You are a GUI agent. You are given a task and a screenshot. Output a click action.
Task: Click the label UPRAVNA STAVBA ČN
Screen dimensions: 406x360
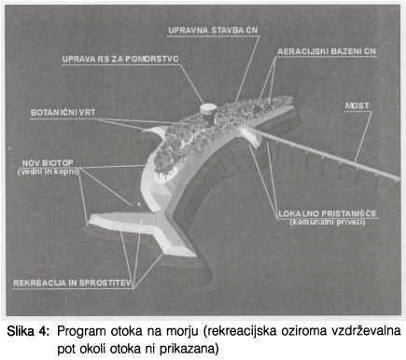[213, 30]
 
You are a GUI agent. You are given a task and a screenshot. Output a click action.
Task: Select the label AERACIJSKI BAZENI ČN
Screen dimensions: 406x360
[327, 51]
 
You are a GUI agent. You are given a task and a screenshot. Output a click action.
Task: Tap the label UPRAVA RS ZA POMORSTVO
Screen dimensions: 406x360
[120, 59]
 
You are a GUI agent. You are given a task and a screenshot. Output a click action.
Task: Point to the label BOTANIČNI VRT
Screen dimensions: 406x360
[63, 112]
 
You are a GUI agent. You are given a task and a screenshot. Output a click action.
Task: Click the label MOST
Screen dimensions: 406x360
[357, 105]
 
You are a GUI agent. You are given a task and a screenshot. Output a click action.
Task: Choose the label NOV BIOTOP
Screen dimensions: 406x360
[48, 163]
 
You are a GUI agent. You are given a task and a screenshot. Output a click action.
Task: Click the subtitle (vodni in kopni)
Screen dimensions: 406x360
[49, 172]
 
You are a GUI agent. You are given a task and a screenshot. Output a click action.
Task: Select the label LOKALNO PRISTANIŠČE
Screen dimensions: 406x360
[328, 214]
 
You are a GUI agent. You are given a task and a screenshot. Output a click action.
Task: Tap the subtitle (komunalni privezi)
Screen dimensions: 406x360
[328, 222]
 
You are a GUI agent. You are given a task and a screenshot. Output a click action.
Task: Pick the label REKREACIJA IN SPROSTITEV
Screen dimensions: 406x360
[72, 284]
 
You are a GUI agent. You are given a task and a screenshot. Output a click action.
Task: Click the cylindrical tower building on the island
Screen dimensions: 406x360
[208, 114]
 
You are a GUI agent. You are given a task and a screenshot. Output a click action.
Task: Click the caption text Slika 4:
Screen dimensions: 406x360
[28, 331]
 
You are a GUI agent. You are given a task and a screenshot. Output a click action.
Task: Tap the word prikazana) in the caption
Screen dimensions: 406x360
[189, 350]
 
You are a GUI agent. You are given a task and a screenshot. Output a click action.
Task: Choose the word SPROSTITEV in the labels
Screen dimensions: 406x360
[105, 284]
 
